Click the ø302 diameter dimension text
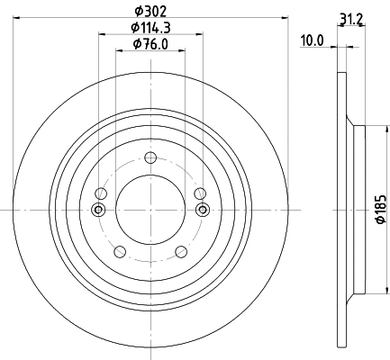tap(149, 11)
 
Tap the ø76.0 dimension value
tap(149, 44)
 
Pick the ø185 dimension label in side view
tap(381, 209)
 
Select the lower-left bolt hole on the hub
tap(120, 251)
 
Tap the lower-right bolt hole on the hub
tap(180, 251)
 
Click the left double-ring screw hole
tap(98, 210)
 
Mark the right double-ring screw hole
tap(202, 210)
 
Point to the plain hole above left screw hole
tap(101, 194)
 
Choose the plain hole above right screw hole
tap(200, 194)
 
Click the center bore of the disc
tap(150, 210)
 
